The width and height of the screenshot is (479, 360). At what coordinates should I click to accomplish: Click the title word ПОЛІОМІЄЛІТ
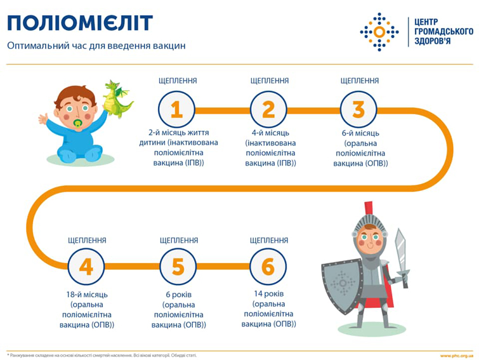click(80, 23)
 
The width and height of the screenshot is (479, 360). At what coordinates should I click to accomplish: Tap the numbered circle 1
click(177, 110)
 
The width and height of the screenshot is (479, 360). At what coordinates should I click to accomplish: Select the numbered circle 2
click(268, 110)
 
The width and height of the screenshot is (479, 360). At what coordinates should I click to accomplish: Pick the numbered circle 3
click(359, 110)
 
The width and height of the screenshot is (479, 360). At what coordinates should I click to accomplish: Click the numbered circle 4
click(86, 267)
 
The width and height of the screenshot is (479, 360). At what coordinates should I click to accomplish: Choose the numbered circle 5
click(178, 267)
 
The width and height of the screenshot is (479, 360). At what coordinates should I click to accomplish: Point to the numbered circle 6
click(268, 267)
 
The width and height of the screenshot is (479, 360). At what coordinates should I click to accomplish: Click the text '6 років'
click(178, 295)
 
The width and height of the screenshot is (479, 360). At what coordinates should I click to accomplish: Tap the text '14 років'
click(268, 295)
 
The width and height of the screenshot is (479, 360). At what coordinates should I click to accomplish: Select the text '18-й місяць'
click(86, 295)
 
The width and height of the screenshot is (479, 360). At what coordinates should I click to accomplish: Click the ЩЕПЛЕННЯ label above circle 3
click(360, 81)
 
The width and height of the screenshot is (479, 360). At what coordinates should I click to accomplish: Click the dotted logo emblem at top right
click(379, 31)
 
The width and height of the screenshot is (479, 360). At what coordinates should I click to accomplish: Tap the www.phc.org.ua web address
click(456, 356)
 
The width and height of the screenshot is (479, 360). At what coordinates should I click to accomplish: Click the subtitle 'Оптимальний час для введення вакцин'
click(96, 46)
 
